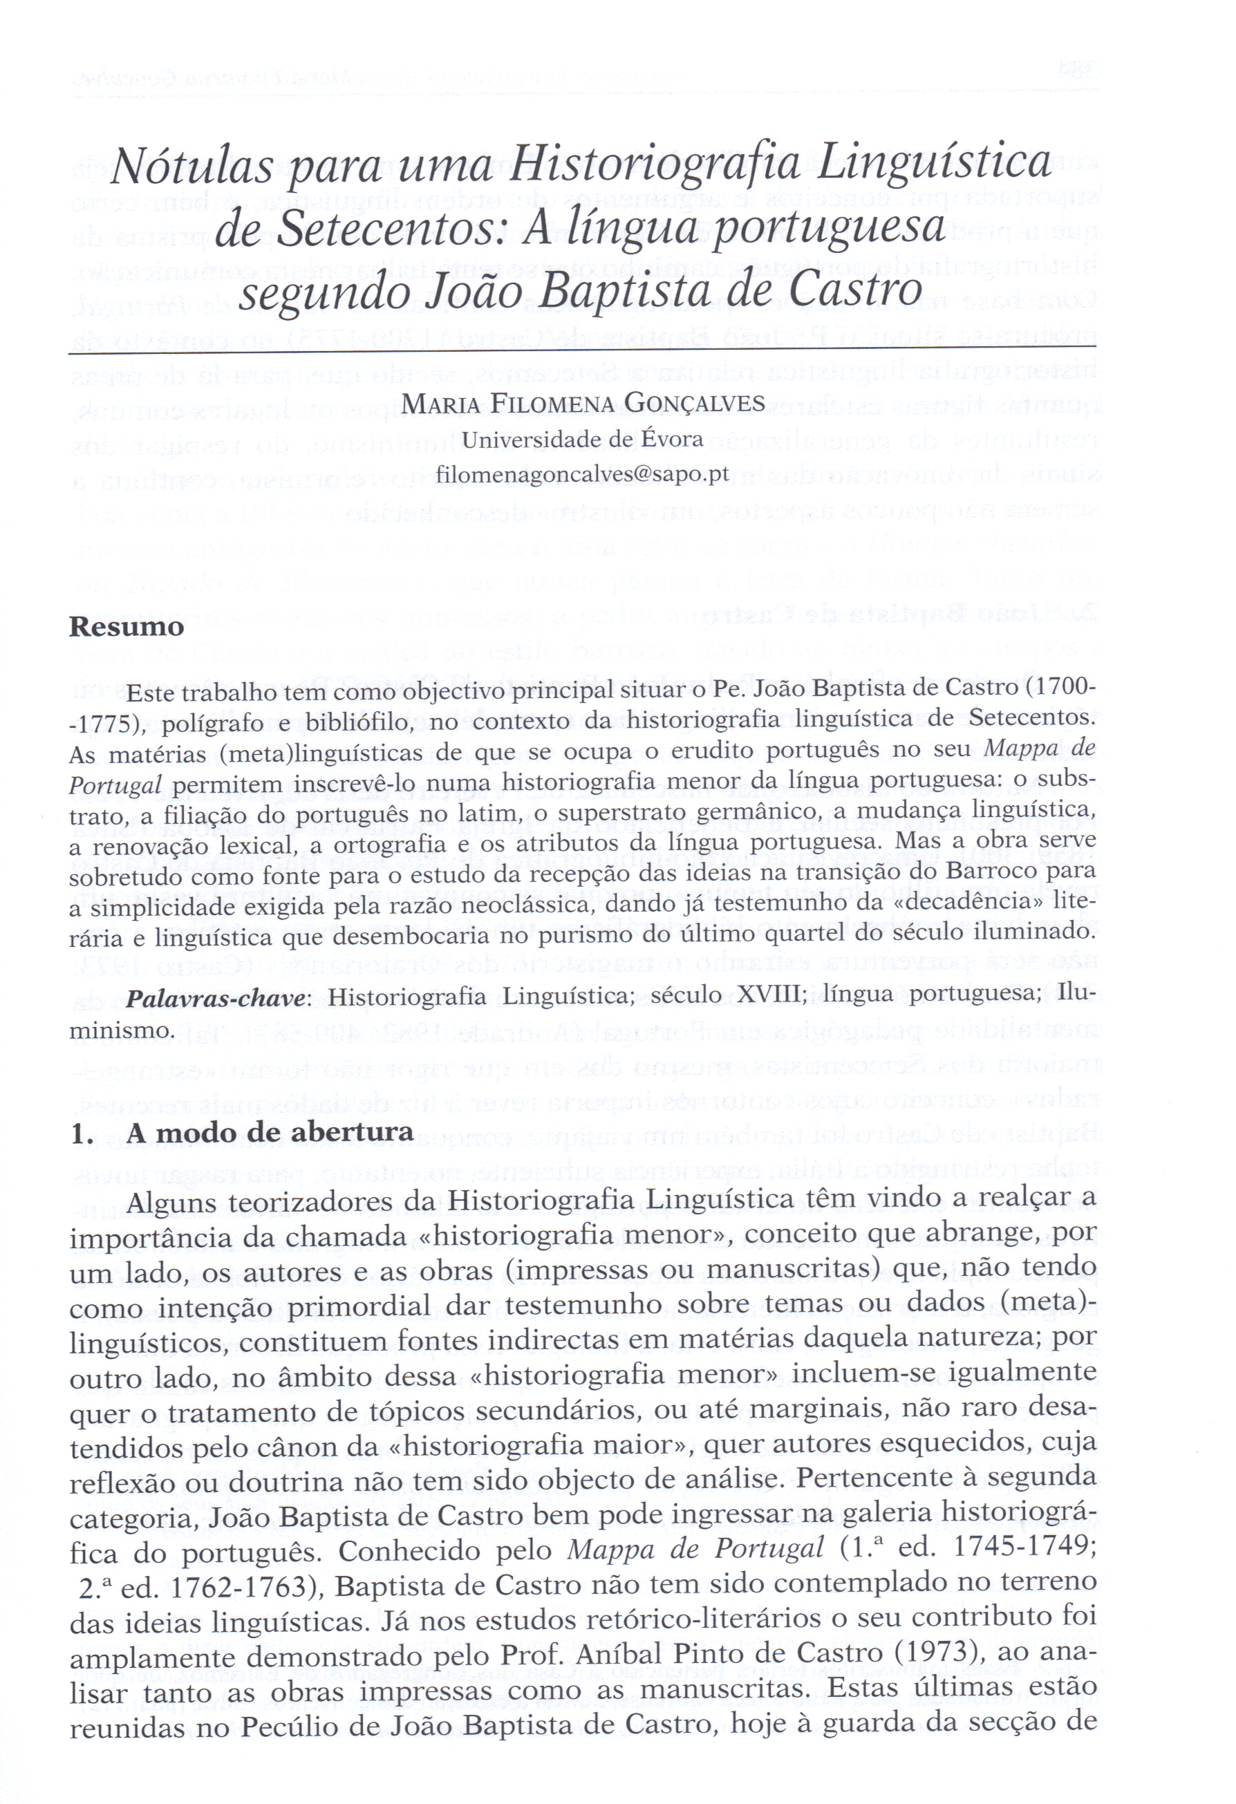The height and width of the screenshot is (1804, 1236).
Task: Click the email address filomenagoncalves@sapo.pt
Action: (583, 473)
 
